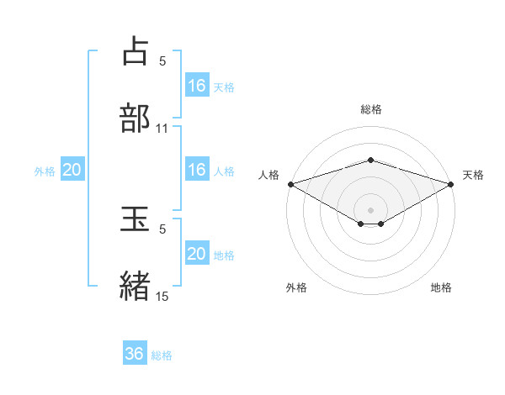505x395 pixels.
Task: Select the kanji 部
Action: (136, 117)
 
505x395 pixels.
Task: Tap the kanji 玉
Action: (136, 219)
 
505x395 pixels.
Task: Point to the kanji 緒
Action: (136, 285)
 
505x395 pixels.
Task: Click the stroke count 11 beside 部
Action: (162, 129)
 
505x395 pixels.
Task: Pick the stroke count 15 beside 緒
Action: (162, 297)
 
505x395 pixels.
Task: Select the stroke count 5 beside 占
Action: (162, 61)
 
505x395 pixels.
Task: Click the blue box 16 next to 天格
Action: (197, 86)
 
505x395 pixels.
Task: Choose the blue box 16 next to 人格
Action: (197, 170)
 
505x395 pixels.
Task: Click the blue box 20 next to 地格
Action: (197, 254)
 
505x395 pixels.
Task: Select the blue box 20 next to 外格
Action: (72, 170)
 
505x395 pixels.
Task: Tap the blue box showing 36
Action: (135, 354)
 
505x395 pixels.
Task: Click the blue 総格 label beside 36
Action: (162, 355)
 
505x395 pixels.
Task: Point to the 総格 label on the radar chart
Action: (371, 109)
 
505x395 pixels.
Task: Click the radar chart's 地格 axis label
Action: (441, 287)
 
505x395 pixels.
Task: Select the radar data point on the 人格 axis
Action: (290, 183)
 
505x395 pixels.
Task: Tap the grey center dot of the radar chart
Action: (371, 209)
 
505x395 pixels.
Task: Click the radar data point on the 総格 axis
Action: (371, 160)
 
